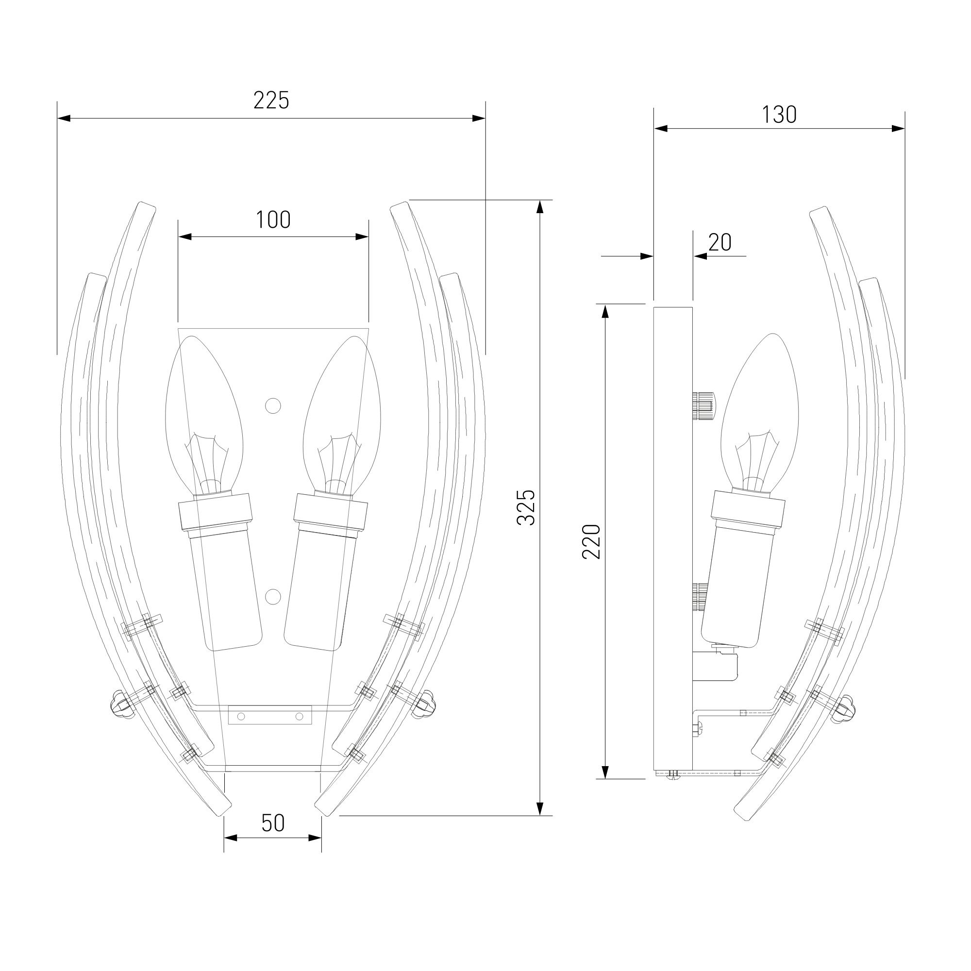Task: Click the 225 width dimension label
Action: coord(271,100)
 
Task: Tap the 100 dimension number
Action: coord(273,220)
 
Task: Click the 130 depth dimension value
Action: coord(779,115)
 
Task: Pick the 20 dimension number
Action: coord(720,243)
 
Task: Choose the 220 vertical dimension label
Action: coord(591,541)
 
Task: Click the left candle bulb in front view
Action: coord(204,415)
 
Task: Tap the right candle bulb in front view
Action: coord(342,415)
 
